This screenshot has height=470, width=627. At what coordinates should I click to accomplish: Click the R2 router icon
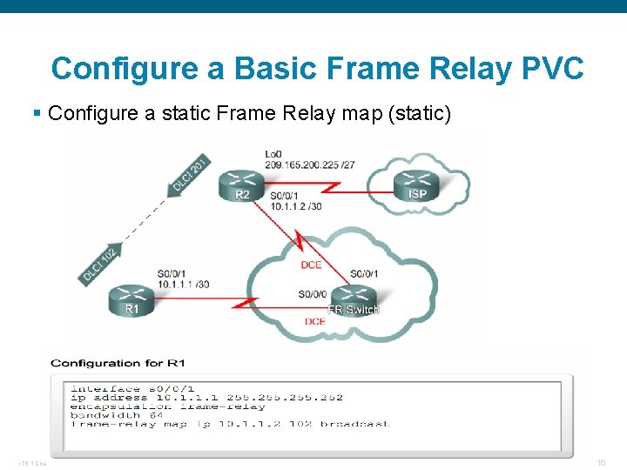243,183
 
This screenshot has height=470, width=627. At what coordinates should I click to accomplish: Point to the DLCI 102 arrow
98,265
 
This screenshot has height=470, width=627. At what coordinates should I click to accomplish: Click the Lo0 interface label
272,154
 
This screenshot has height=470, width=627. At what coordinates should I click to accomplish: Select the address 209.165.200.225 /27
310,164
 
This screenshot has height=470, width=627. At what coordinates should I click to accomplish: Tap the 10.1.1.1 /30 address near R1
183,284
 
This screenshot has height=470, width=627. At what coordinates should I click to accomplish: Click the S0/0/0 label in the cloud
313,294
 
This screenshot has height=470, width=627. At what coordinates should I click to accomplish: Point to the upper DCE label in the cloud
311,265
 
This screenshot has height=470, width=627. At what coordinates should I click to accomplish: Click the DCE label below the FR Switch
315,321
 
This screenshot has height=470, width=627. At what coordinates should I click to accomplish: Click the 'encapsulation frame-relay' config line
167,406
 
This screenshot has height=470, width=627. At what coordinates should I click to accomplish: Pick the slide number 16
601,462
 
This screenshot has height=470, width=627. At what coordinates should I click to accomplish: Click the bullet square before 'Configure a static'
36,112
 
